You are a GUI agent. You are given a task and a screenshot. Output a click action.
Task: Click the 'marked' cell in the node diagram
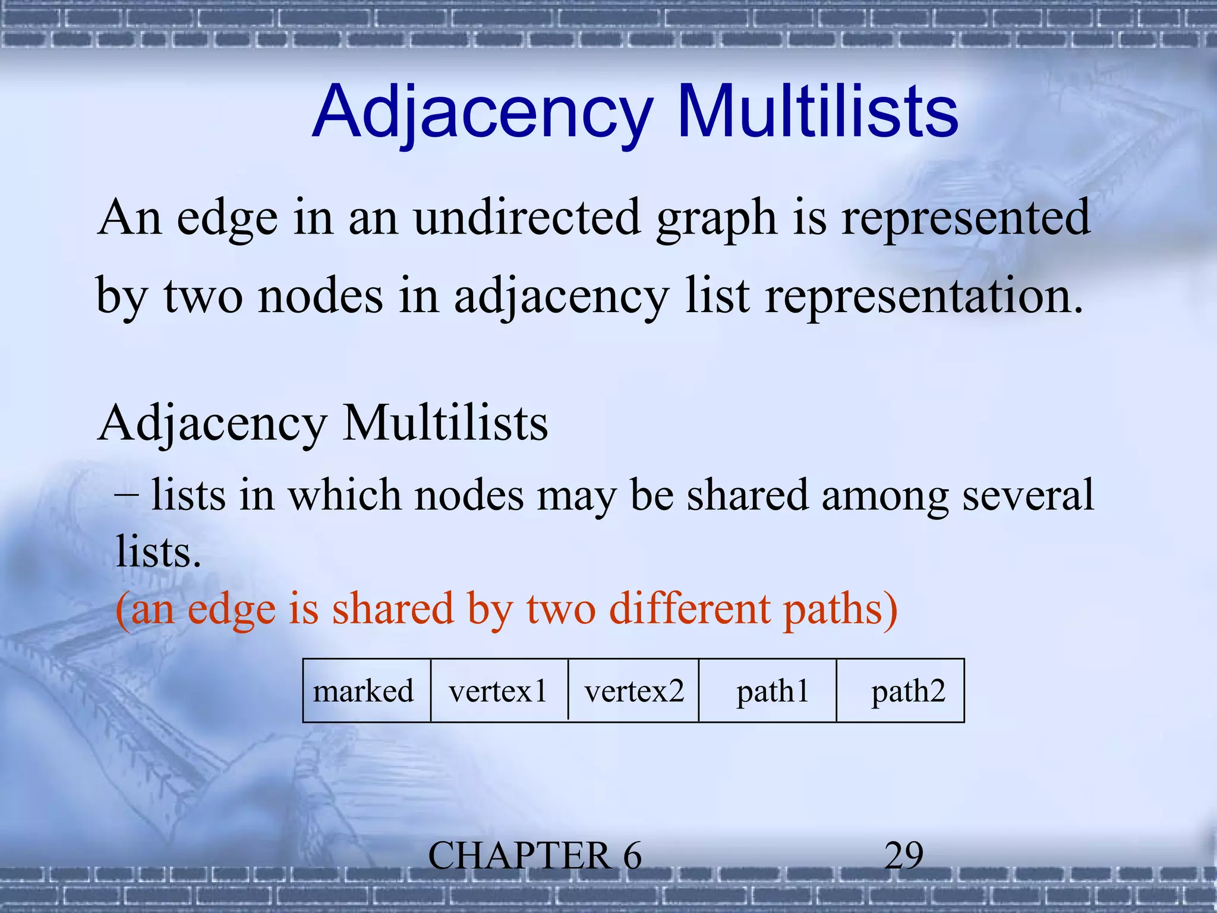click(x=364, y=691)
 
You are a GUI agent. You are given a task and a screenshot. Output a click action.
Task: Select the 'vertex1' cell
click(x=498, y=691)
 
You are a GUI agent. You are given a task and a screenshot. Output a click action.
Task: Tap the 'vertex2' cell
click(x=634, y=691)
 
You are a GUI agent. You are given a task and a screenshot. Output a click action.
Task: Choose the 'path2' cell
click(x=908, y=691)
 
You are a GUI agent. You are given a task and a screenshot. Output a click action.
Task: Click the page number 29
click(x=904, y=856)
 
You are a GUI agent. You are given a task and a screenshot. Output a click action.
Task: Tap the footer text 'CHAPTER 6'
click(x=535, y=856)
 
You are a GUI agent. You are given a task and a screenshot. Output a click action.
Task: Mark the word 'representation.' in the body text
click(x=924, y=296)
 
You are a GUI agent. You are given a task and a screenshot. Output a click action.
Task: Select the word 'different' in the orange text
click(x=689, y=609)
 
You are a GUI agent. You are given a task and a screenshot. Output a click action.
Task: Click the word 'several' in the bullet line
click(x=1028, y=495)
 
